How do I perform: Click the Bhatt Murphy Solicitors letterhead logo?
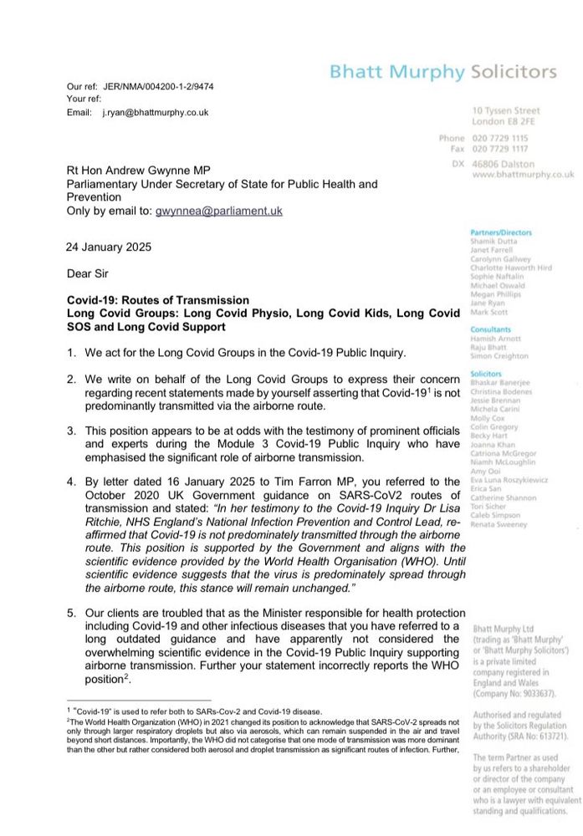coord(442,71)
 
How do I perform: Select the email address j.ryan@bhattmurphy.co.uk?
coord(156,112)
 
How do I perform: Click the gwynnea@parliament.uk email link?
coord(219,212)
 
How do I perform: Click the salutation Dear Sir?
coord(87,273)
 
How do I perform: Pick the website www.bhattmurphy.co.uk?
coord(523,175)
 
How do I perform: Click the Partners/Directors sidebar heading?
coord(501,232)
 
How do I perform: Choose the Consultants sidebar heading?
coord(491,329)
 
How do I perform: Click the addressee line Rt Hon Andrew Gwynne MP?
coord(155,170)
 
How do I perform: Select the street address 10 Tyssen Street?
coord(506,110)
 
